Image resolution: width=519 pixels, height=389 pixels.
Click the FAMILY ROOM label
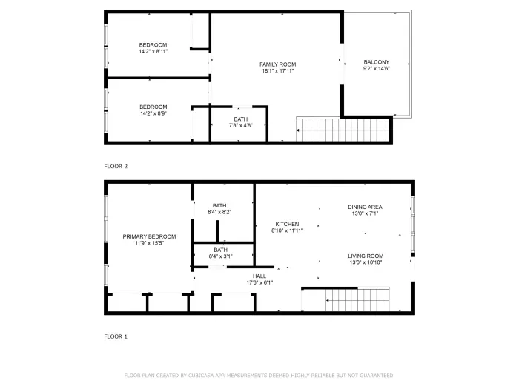point(278,64)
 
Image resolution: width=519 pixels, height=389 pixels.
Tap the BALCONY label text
point(377,62)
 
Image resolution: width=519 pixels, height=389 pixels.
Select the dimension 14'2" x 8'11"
point(153,52)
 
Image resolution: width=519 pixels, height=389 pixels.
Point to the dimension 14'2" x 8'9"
point(153,113)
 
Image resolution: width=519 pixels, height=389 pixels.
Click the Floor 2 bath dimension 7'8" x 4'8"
point(241,126)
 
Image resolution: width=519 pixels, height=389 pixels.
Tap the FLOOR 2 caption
point(116,167)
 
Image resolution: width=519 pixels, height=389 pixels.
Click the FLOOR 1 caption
point(116,336)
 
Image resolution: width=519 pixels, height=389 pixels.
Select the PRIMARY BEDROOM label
point(149,236)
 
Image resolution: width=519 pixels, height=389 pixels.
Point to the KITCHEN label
point(287,224)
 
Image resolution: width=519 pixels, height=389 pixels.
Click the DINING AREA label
point(365,207)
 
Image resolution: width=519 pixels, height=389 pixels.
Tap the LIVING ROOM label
point(366,256)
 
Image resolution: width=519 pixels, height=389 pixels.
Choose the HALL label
point(259,276)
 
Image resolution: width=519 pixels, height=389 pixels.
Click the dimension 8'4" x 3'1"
point(220,256)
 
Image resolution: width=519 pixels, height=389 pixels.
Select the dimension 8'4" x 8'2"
point(219,212)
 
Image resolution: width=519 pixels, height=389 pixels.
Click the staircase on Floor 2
point(343,130)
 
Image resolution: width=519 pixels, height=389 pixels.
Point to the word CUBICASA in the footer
point(201,376)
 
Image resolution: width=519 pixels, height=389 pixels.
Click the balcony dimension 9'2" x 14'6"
point(377,69)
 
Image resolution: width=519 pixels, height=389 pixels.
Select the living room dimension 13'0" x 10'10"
point(366,262)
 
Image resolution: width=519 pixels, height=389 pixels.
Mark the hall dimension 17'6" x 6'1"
point(259,282)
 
